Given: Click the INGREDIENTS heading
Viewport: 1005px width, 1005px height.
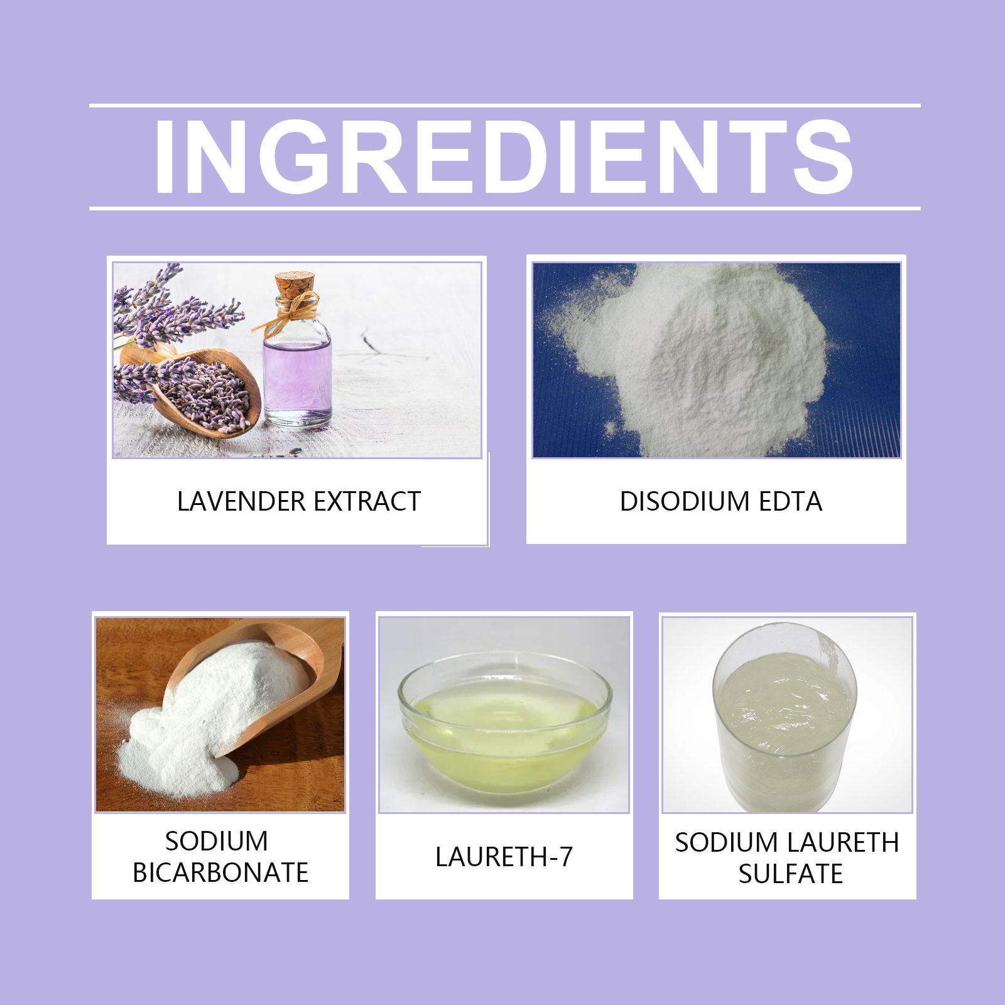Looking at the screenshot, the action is click(504, 156).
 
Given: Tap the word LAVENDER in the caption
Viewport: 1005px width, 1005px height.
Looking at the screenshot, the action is click(241, 501).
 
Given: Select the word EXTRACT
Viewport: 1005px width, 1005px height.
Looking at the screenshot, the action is click(367, 501).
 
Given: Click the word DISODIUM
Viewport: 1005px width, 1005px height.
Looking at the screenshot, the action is click(685, 501).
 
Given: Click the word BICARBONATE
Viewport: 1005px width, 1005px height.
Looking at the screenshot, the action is click(220, 872).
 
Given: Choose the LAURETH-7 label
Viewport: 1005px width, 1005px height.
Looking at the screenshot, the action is click(504, 857).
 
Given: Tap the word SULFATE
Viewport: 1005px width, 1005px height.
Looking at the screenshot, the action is click(790, 874).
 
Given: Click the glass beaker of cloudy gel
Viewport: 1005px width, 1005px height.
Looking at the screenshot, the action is click(785, 716).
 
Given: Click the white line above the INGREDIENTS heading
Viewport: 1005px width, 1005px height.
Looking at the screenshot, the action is click(504, 106).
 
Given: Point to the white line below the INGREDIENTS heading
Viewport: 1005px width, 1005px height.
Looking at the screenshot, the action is click(504, 208).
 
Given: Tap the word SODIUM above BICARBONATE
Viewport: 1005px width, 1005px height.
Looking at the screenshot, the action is click(217, 841).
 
